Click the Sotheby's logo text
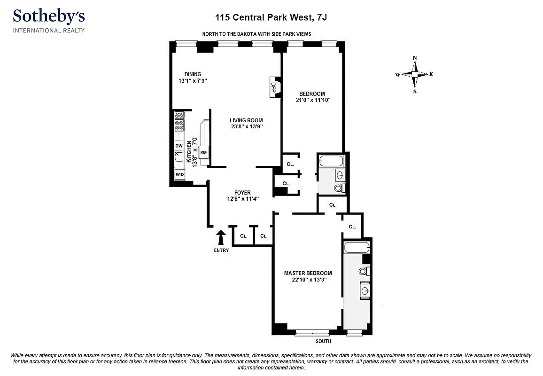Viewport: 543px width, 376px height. pyautogui.click(x=49, y=16)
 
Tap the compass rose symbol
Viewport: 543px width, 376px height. pyautogui.click(x=414, y=74)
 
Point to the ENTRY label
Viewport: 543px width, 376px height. pyautogui.click(x=221, y=250)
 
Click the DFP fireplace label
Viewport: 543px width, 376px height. pyautogui.click(x=273, y=87)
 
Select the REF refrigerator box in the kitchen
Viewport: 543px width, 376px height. pyautogui.click(x=204, y=152)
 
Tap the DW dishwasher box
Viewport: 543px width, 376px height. pyautogui.click(x=179, y=146)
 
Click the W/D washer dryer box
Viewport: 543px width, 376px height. pyautogui.click(x=179, y=174)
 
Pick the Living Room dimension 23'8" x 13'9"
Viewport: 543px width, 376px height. pyautogui.click(x=246, y=127)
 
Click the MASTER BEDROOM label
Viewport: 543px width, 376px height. pyautogui.click(x=308, y=273)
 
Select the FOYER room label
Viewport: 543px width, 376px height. pyautogui.click(x=242, y=193)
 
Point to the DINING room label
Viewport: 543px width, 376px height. pyautogui.click(x=193, y=74)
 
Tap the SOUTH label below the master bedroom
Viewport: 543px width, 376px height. pyautogui.click(x=323, y=341)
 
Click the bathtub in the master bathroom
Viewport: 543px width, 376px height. pyautogui.click(x=357, y=248)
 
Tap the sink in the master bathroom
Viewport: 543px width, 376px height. pyautogui.click(x=365, y=290)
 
